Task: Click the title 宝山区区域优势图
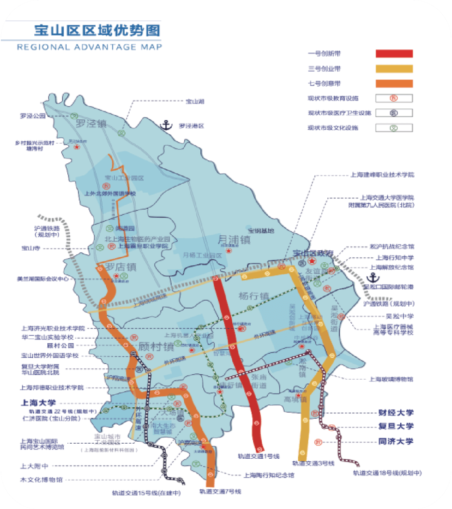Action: tap(97, 31)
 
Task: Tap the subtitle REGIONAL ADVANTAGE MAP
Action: tap(89, 47)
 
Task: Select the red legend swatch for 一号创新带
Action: tap(394, 54)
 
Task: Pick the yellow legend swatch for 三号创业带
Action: tap(394, 69)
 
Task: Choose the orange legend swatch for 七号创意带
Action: tap(394, 83)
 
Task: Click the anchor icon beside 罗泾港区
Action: tap(167, 125)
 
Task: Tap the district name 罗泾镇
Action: tap(91, 124)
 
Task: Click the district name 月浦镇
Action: tap(234, 240)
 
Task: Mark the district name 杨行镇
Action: tap(254, 296)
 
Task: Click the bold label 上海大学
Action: tap(38, 403)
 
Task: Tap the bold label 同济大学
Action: tap(395, 441)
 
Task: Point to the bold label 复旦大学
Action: tap(395, 426)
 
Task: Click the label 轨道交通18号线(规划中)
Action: tap(387, 473)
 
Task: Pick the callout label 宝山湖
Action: tap(195, 101)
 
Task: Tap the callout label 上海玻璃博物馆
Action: tap(390, 379)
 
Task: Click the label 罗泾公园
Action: tap(33, 116)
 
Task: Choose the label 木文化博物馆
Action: tap(41, 480)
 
